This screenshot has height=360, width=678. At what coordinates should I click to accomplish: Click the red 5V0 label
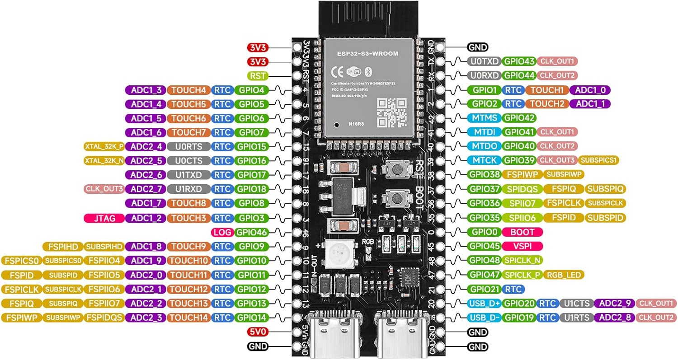[x=259, y=332]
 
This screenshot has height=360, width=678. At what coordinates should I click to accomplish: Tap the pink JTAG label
[x=104, y=218]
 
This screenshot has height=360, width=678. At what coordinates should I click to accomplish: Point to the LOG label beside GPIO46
[x=222, y=233]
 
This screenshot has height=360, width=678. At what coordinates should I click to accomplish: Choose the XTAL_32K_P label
[x=104, y=146]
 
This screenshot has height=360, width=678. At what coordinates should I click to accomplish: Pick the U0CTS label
[x=188, y=161]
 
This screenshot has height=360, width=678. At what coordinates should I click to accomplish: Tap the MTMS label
[x=484, y=118]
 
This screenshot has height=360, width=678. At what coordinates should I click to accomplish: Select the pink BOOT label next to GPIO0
[x=522, y=232]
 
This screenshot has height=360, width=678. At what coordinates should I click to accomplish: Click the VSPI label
[x=522, y=247]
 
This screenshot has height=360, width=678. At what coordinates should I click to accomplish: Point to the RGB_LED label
[x=565, y=275]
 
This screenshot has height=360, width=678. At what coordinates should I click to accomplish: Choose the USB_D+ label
[x=484, y=303]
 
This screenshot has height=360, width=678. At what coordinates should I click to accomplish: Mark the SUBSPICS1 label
[x=599, y=160]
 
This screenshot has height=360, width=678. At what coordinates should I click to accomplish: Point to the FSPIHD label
[x=62, y=247]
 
